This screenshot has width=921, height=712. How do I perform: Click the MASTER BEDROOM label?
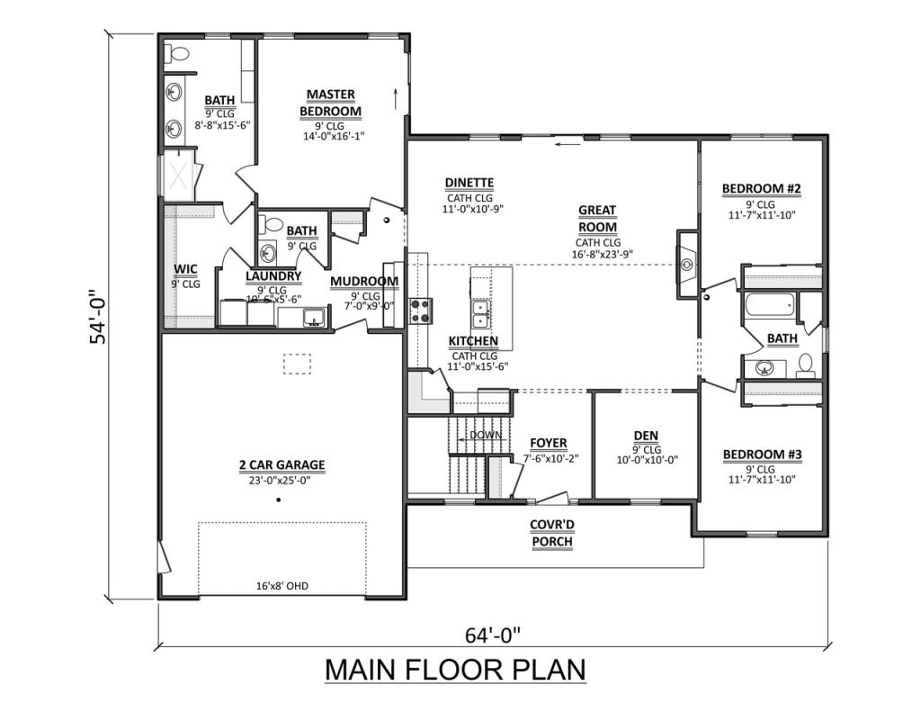pos(331,103)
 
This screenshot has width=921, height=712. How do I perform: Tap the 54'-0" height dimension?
pos(97,317)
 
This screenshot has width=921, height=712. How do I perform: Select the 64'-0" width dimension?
pos(493,635)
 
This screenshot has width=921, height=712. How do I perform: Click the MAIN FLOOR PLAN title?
pos(455,670)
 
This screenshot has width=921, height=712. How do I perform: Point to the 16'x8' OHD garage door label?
pos(282,586)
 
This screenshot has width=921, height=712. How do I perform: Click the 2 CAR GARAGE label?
pos(282,465)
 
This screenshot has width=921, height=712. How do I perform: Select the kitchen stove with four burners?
pos(421,311)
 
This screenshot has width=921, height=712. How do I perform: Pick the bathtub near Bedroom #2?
pos(770,305)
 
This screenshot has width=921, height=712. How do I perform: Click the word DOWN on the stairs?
pos(486,435)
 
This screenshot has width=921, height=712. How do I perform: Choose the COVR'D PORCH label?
pos(551,533)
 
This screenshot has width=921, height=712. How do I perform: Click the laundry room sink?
pos(314,318)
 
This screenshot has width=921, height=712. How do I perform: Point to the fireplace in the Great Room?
pos(686,265)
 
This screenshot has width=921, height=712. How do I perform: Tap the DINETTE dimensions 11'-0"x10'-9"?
pos(473,209)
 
